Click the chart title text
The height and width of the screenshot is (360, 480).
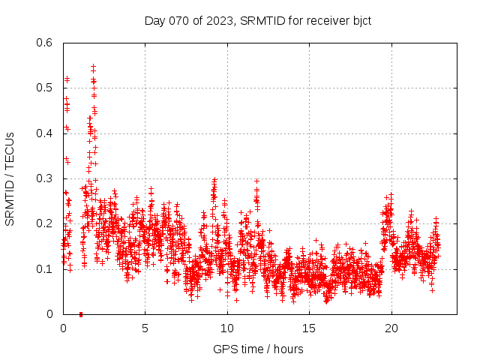(257, 20)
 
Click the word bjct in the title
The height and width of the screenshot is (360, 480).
(359, 20)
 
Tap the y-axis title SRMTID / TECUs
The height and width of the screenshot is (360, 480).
(10, 178)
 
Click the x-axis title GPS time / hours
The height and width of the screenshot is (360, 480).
(258, 349)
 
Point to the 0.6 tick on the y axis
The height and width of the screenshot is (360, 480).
(45, 43)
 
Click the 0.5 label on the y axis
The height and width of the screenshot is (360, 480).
(45, 88)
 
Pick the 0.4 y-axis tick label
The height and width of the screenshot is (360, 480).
(45, 133)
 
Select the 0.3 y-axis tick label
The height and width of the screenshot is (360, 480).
(45, 178)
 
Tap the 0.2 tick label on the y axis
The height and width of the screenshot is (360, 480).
(45, 223)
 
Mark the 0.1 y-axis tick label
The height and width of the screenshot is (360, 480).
(45, 268)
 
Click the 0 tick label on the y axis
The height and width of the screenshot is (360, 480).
(49, 314)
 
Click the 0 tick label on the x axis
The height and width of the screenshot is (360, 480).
(63, 328)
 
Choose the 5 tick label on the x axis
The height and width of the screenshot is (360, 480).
(145, 328)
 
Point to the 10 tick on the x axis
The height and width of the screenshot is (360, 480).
(227, 328)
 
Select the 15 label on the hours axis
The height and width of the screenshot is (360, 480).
(309, 328)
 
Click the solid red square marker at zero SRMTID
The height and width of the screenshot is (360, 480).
(80, 313)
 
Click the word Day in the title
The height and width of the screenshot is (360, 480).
(154, 20)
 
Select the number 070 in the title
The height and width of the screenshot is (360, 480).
(178, 20)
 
